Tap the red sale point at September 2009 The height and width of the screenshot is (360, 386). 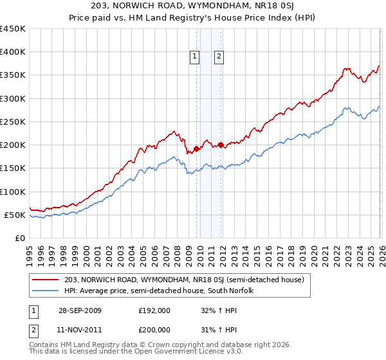coord(196,148)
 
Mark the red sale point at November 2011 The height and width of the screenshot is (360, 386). coord(221,145)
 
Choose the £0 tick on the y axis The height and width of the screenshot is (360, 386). coord(19,238)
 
